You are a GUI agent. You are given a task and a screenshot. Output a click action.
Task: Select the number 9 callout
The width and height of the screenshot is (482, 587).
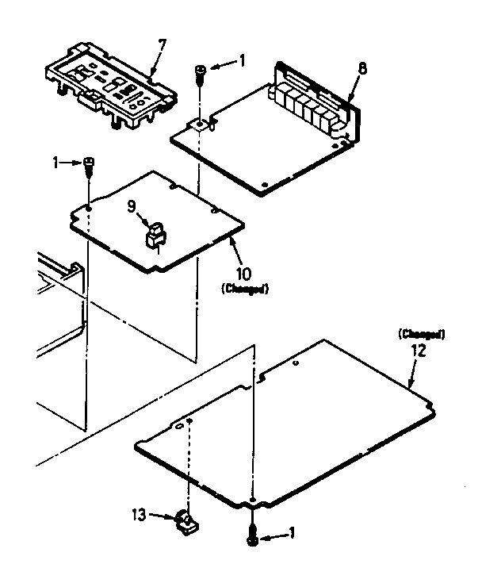point(132,207)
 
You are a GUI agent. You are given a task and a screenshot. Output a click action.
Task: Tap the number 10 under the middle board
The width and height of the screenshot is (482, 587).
point(244,275)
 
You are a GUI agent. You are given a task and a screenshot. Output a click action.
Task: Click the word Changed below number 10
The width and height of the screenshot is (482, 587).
point(244,290)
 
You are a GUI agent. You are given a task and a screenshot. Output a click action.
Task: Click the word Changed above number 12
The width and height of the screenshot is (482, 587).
point(420,334)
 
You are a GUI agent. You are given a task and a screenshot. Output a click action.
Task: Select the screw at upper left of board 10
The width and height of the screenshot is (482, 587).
point(89,164)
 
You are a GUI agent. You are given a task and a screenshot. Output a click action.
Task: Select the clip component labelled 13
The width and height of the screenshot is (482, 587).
point(187,522)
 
